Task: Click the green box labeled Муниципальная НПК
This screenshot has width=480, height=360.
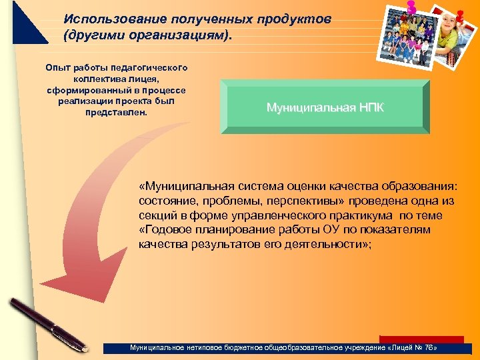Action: (325, 107)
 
